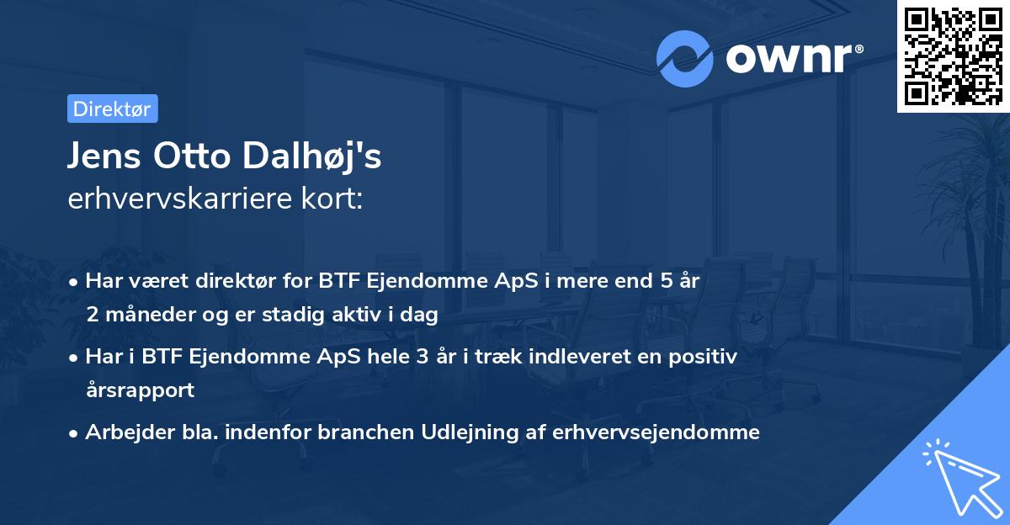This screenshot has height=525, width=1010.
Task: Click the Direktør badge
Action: [112, 109]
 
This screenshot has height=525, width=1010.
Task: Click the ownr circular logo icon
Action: [685, 59]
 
